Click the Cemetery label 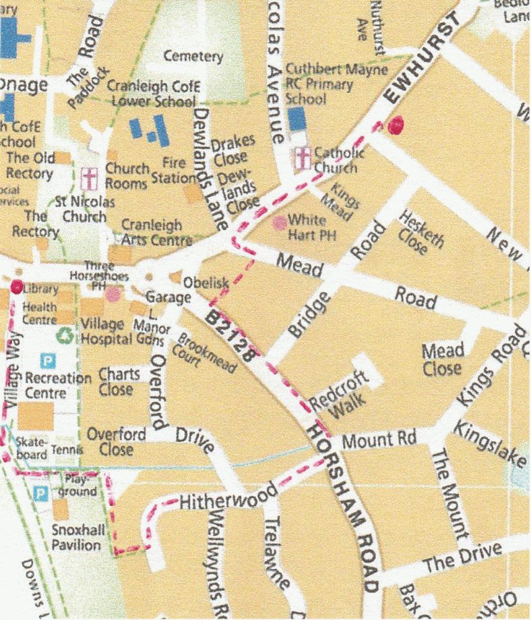(x=193, y=57)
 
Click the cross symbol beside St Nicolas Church (x=88, y=179)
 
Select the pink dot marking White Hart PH (x=278, y=221)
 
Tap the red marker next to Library (x=16, y=286)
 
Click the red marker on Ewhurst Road (x=396, y=123)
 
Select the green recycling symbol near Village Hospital (x=65, y=334)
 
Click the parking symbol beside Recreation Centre (x=46, y=361)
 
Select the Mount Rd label (x=371, y=441)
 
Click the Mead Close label (x=443, y=359)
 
